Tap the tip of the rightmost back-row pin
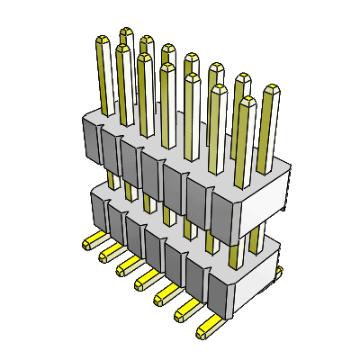(x=270, y=89)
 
